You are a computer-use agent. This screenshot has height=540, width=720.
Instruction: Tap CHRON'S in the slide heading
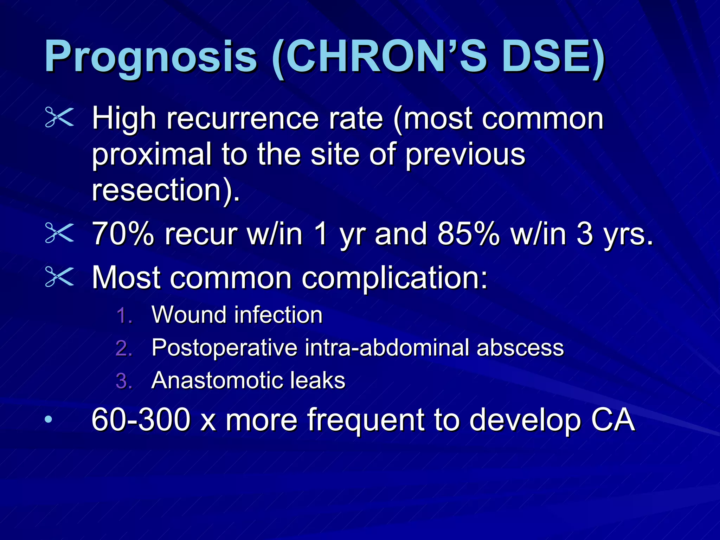[x=387, y=56]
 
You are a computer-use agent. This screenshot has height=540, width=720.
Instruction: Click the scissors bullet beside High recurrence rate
[x=59, y=117]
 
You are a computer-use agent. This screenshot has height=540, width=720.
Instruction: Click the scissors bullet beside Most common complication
[x=59, y=277]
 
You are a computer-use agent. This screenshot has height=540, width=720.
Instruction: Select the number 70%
[x=123, y=233]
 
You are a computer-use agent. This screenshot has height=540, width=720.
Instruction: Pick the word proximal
[x=152, y=155]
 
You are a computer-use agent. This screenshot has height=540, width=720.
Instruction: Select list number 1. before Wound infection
[x=124, y=315]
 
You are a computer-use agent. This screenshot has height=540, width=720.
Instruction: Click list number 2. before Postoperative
[x=124, y=348]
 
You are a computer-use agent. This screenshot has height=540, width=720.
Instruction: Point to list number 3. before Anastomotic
[x=124, y=381]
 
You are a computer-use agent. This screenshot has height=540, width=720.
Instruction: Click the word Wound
[x=188, y=314]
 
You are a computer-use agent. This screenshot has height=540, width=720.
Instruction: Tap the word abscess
[x=520, y=348]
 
